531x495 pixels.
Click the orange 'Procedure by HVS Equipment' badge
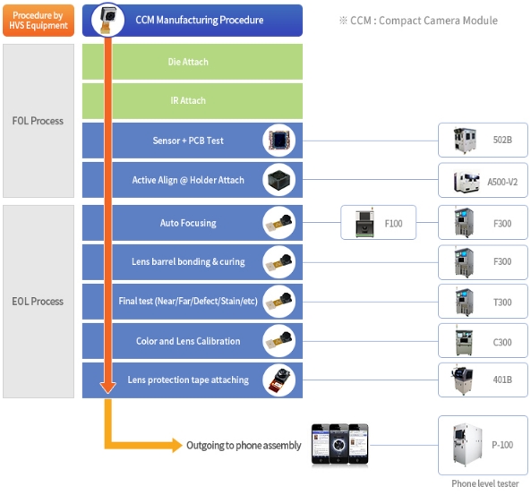tap(39, 21)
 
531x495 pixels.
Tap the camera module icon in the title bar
tap(107, 20)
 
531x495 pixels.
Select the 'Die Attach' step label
tap(188, 62)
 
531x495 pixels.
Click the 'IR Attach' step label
tap(188, 100)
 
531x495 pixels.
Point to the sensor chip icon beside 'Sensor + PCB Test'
tap(279, 141)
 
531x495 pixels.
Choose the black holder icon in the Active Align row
tap(279, 180)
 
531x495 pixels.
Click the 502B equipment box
tap(483, 140)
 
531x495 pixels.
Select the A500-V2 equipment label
tap(502, 182)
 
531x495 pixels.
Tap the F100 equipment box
tap(378, 223)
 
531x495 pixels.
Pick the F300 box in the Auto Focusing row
tap(483, 223)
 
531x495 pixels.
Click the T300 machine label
tap(502, 302)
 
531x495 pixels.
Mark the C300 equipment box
tap(483, 341)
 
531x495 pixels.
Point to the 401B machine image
tap(462, 380)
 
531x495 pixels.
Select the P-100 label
tap(502, 445)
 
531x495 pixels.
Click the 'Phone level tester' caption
tap(485, 483)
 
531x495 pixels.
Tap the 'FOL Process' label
tap(38, 121)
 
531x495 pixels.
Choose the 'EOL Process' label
tap(38, 302)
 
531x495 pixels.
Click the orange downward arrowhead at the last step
tap(108, 388)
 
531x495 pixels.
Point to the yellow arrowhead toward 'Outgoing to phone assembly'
tap(176, 445)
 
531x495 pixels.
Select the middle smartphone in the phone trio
tap(339, 444)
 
